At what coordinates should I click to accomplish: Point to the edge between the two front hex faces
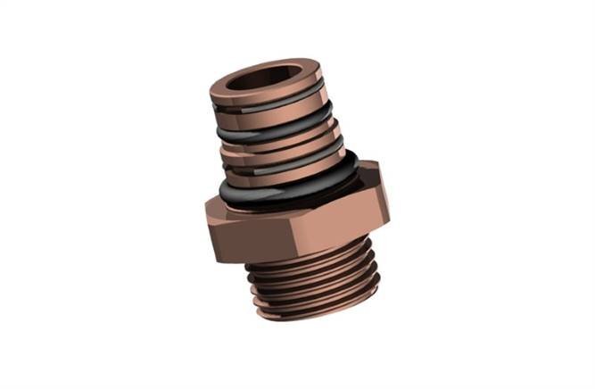(x=269, y=236)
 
